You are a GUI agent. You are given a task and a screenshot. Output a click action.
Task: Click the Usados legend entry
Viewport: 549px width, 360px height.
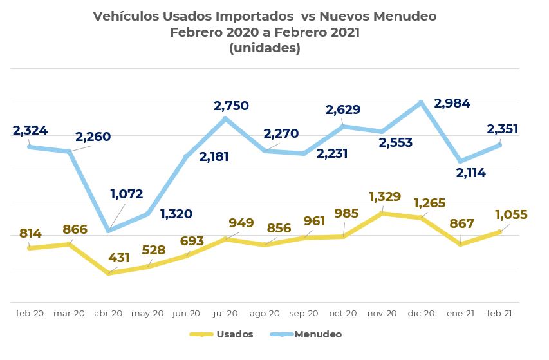234,334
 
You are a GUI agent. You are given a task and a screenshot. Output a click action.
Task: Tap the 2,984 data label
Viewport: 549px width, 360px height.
452,103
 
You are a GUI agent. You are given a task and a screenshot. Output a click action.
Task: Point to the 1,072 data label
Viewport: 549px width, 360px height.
126,194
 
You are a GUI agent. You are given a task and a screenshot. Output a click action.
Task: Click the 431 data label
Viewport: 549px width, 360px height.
119,258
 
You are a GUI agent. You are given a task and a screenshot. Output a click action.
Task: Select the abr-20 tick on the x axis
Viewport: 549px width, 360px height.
108,313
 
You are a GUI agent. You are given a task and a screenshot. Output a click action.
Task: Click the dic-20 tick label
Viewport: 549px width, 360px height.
422,313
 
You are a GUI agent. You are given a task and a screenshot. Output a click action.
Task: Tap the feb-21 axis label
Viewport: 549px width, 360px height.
499,313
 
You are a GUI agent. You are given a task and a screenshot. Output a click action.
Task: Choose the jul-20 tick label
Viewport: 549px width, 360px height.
225,313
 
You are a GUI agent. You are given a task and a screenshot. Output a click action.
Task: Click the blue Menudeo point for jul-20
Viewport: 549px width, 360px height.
225,118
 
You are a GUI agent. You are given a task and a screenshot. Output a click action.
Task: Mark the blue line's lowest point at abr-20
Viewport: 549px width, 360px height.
108,231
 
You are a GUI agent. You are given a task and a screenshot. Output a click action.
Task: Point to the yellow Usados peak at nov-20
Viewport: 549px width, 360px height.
382,213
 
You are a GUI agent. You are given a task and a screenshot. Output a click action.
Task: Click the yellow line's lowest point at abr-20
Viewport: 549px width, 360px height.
108,273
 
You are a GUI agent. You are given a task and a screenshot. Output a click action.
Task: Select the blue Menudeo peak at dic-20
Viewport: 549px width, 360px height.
422,102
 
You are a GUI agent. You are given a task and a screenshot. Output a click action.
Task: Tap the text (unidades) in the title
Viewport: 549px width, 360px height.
265,48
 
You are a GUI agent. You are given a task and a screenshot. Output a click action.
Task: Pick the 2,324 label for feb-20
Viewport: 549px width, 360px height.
30,131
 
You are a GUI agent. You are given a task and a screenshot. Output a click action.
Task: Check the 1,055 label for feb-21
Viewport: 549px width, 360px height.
511,215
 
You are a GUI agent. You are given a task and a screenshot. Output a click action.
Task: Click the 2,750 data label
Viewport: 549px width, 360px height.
231,106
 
